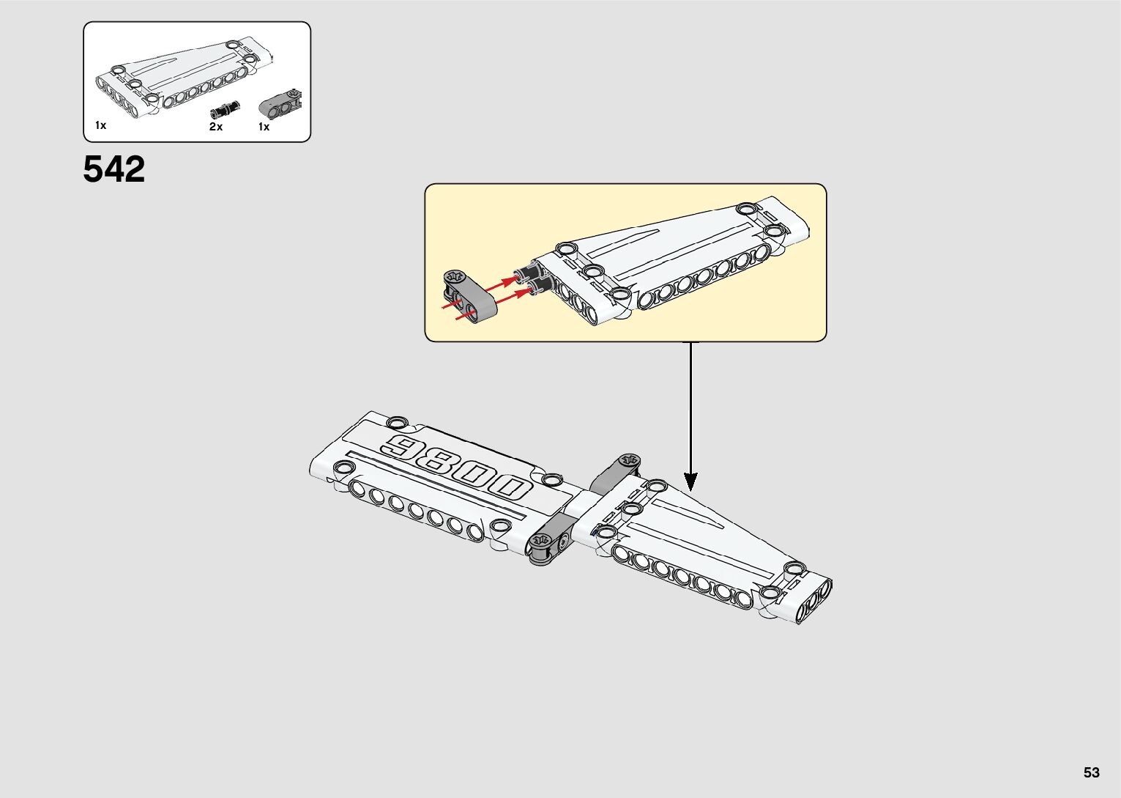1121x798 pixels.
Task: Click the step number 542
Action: (x=114, y=169)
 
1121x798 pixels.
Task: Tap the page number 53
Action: (x=1092, y=772)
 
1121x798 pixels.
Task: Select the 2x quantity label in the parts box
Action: (x=216, y=127)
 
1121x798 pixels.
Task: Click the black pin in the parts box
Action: (x=223, y=110)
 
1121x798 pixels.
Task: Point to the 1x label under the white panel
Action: (x=101, y=125)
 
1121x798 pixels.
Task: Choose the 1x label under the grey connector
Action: (x=264, y=127)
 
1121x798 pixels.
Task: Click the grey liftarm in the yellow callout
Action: (x=469, y=297)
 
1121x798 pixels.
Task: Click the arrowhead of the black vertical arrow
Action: (x=690, y=481)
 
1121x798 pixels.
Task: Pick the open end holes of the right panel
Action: (x=815, y=599)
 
